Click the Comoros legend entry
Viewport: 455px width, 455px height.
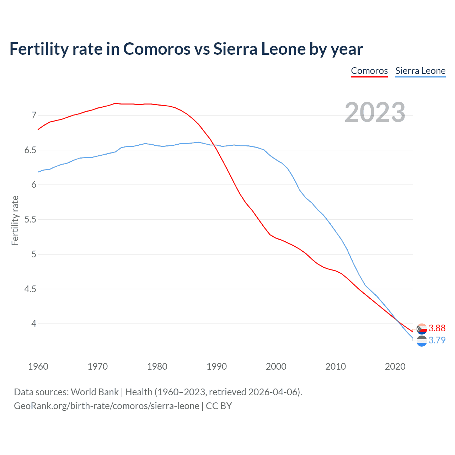[x=369, y=71]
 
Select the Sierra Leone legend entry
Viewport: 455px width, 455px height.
[x=420, y=71]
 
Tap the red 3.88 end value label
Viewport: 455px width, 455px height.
[x=437, y=328]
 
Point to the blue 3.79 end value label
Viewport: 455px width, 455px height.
[x=437, y=340]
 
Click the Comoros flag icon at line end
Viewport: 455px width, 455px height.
[x=422, y=329]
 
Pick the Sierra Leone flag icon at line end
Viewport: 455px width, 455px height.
[x=422, y=341]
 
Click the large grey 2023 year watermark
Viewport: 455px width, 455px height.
[x=375, y=112]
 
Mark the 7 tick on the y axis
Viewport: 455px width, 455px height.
[x=34, y=115]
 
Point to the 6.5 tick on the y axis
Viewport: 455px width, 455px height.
[x=30, y=150]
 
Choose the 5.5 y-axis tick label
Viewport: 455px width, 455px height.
[x=30, y=220]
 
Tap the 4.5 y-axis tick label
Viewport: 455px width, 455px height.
[x=30, y=289]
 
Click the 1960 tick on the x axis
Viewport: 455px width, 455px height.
[x=38, y=366]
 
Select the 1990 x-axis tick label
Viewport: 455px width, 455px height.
[x=216, y=366]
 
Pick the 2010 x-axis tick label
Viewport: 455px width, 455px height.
[x=336, y=366]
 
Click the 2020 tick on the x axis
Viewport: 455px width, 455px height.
[x=395, y=366]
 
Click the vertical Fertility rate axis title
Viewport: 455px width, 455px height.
[x=15, y=220]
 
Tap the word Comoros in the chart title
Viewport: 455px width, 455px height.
[x=157, y=49]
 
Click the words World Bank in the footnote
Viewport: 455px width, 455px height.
[x=95, y=392]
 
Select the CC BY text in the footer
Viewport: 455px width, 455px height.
[x=219, y=406]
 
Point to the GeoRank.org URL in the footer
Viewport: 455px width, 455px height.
[x=107, y=406]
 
